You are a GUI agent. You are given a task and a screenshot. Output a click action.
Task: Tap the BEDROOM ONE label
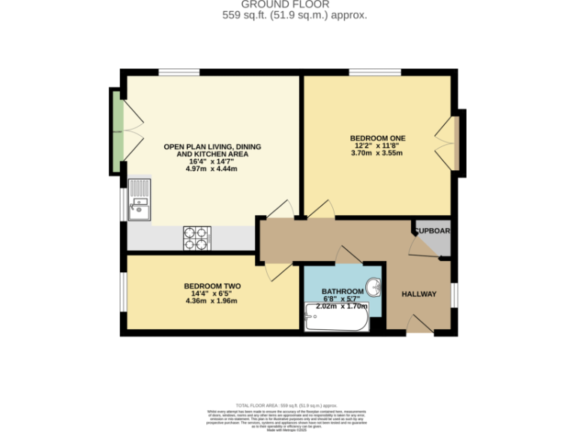pyautogui.click(x=377, y=138)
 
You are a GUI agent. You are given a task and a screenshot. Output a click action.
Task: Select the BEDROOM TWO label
pyautogui.click(x=212, y=286)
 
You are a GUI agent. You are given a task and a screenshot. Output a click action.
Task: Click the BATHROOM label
pyautogui.click(x=342, y=291)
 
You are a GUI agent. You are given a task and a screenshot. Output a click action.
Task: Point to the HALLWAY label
pyautogui.click(x=418, y=293)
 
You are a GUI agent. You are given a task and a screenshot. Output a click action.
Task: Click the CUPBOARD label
pyautogui.click(x=433, y=231)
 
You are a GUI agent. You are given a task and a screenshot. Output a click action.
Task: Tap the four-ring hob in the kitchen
pyautogui.click(x=196, y=238)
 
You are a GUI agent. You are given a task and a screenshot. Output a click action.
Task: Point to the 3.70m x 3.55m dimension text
pyautogui.click(x=376, y=154)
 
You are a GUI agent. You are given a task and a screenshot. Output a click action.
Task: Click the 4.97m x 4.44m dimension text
pyautogui.click(x=211, y=169)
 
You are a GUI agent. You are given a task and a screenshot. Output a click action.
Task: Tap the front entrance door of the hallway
pyautogui.click(x=418, y=323)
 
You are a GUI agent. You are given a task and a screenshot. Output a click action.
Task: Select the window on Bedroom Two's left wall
pyautogui.click(x=123, y=290)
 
